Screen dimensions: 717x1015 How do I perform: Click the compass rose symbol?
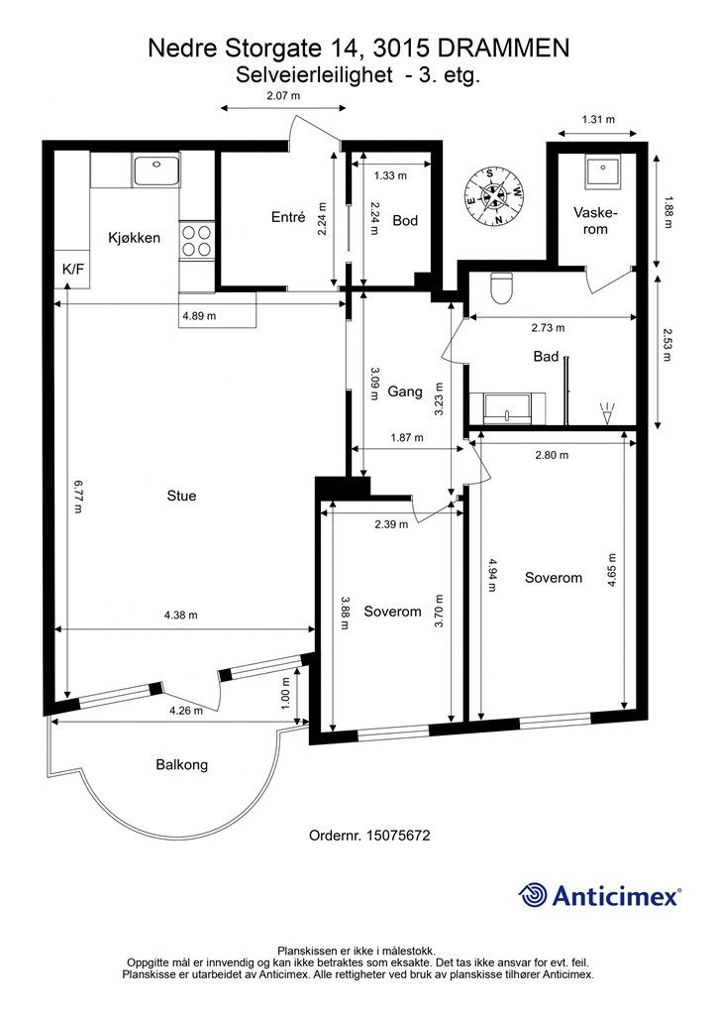click(x=494, y=196)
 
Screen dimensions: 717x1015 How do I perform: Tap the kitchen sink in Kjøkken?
click(x=157, y=171)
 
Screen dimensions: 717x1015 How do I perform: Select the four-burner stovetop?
click(x=196, y=240)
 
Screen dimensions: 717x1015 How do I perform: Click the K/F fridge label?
click(x=73, y=268)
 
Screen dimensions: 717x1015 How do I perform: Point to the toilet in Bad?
click(x=502, y=288)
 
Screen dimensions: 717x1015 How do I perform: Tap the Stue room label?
click(x=181, y=496)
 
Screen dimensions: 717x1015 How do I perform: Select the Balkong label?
click(x=181, y=764)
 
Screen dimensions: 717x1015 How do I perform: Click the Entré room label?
click(x=288, y=217)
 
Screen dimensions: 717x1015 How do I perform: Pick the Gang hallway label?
click(x=405, y=391)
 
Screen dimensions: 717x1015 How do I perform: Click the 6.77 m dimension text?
click(x=77, y=496)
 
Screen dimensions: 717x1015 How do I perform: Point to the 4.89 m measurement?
click(x=199, y=316)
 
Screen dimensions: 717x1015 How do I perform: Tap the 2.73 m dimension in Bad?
click(x=548, y=327)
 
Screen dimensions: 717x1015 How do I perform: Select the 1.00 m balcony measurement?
click(x=286, y=693)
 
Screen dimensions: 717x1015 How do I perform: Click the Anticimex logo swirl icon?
click(x=532, y=895)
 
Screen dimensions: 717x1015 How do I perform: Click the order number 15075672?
click(x=397, y=835)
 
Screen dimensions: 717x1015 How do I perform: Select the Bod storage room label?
click(x=405, y=220)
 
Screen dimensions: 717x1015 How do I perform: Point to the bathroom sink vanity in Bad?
click(x=508, y=407)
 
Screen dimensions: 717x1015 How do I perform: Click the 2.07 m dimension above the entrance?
click(x=284, y=96)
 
